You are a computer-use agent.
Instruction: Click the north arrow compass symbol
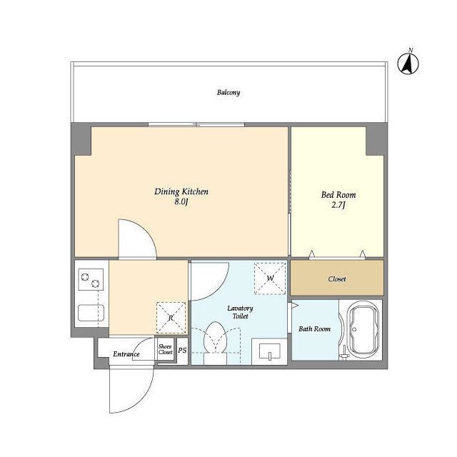pyautogui.click(x=408, y=62)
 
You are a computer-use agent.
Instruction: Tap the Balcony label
pyautogui.click(x=228, y=93)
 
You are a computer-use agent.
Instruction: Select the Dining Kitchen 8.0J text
pyautogui.click(x=181, y=196)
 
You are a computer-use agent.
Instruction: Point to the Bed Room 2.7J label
pyautogui.click(x=338, y=200)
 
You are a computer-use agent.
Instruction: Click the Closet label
pyautogui.click(x=337, y=279)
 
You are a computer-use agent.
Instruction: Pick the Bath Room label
pyautogui.click(x=314, y=329)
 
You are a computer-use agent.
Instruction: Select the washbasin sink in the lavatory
pyautogui.click(x=270, y=351)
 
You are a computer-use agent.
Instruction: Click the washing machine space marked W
pyautogui.click(x=270, y=278)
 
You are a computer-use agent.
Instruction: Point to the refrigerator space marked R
pyautogui.click(x=171, y=318)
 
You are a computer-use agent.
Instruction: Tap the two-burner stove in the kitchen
pyautogui.click(x=91, y=279)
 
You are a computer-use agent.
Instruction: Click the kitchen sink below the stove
pyautogui.click(x=91, y=313)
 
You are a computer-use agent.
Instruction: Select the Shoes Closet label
pyautogui.click(x=165, y=349)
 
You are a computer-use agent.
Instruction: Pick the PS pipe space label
pyautogui.click(x=182, y=350)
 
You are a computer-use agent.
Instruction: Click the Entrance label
pyautogui.click(x=126, y=354)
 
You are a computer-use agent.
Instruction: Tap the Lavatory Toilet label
pyautogui.click(x=240, y=312)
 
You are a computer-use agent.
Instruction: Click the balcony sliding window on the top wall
pyautogui.click(x=196, y=125)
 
